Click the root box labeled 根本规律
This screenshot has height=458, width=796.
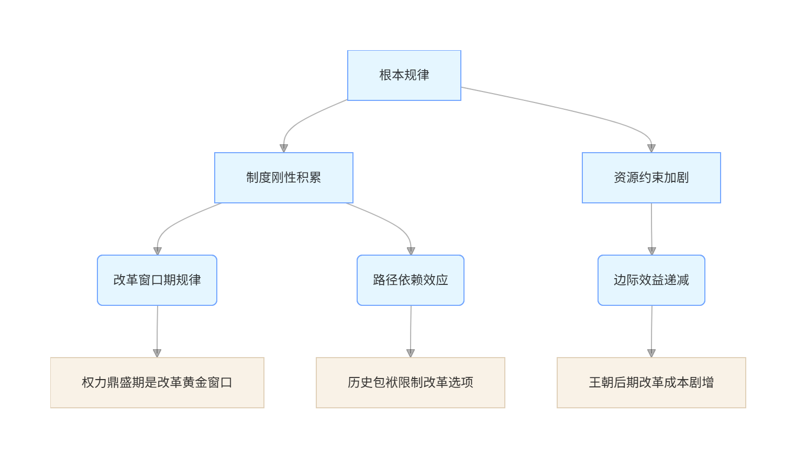404,75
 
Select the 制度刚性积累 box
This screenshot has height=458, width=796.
283,178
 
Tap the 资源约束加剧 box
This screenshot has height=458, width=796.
651,178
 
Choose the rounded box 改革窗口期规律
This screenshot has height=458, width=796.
157,280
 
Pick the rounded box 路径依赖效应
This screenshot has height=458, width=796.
410,280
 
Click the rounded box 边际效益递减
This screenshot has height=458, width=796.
651,280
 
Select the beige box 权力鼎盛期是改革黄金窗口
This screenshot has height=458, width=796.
157,383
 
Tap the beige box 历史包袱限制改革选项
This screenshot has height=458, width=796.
410,383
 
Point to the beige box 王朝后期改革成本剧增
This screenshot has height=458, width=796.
651,383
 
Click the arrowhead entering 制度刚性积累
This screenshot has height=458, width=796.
284,148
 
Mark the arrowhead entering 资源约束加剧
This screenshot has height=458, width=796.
651,148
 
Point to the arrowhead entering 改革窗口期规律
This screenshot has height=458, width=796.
157,251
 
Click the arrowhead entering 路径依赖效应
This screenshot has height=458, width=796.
411,251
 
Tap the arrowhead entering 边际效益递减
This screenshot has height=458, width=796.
651,251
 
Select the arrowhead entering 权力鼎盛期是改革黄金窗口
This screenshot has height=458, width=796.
157,353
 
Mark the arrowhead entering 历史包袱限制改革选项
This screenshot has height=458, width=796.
411,353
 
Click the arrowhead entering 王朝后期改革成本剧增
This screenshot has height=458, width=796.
651,353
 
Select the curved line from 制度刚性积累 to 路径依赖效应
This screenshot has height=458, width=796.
388,220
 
